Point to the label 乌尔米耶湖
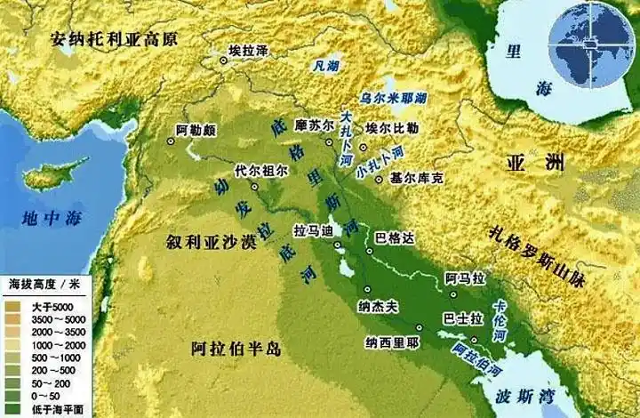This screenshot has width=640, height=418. point(392,97)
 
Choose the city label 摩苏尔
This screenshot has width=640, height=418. point(313,125)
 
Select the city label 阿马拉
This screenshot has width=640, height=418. point(467,278)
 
